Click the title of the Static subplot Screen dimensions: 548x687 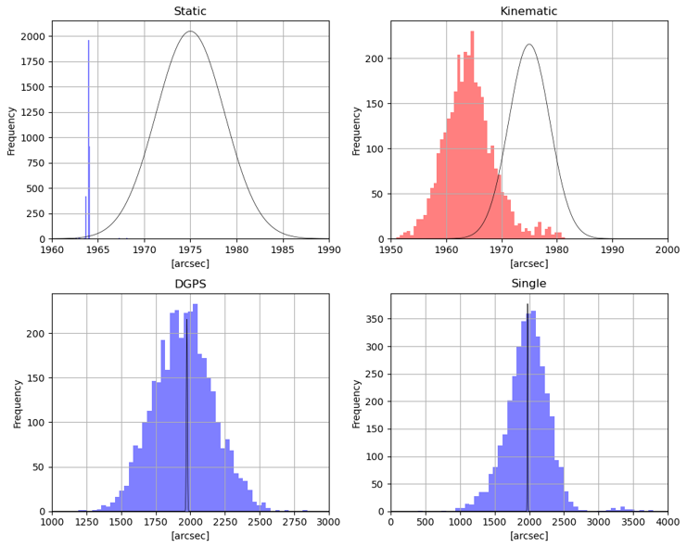coord(190,11)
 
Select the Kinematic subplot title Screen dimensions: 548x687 coord(528,11)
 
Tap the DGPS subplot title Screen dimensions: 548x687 coord(190,284)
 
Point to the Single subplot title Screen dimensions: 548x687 coord(528,284)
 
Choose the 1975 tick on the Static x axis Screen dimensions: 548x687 coord(190,249)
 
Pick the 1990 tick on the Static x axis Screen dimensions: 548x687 coord(329,249)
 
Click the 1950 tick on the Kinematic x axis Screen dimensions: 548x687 coord(391,249)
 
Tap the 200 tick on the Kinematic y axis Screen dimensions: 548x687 coord(374,58)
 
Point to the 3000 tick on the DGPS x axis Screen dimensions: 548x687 coord(329,522)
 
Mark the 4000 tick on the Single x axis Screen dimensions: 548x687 coord(668,522)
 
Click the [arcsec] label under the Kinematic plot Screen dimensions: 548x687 coord(528,264)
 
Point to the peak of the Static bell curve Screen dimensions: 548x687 coord(190,32)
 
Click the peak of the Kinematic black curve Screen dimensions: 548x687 coord(529,45)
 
